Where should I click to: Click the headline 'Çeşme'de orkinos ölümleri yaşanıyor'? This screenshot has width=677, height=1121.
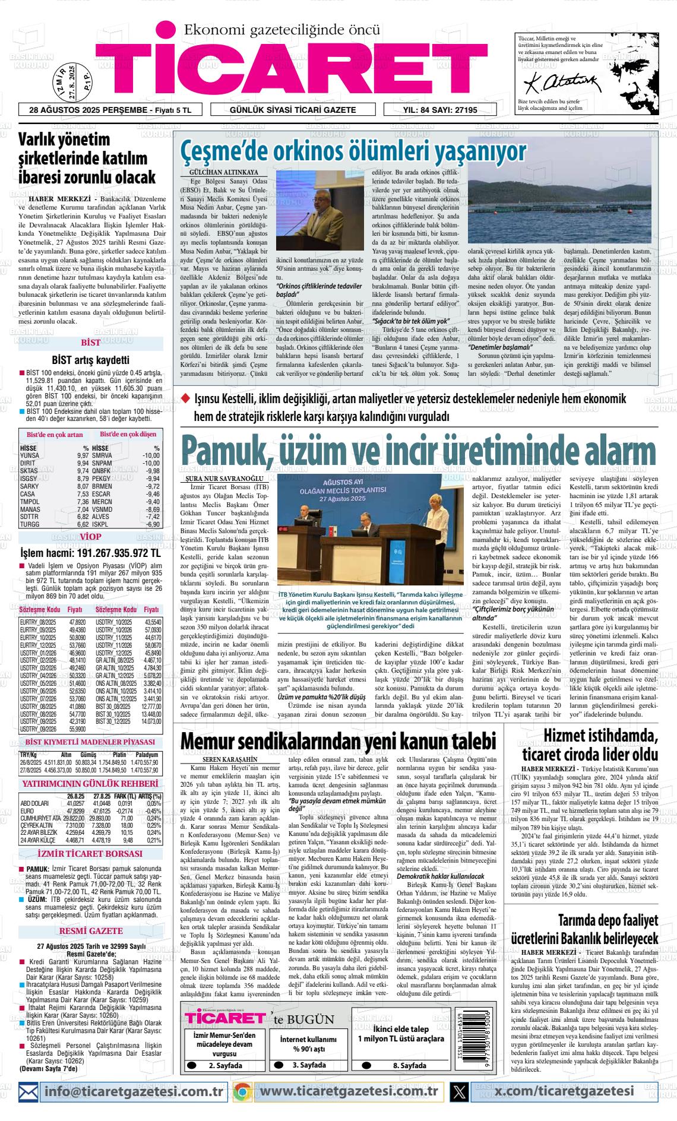(x=353, y=151)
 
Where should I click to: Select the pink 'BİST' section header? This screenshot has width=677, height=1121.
(x=91, y=343)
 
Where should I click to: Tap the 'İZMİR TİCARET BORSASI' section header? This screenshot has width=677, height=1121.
(x=90, y=854)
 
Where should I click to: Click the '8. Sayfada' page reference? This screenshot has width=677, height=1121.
(x=409, y=1065)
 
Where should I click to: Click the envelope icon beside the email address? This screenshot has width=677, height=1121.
(x=29, y=1091)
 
